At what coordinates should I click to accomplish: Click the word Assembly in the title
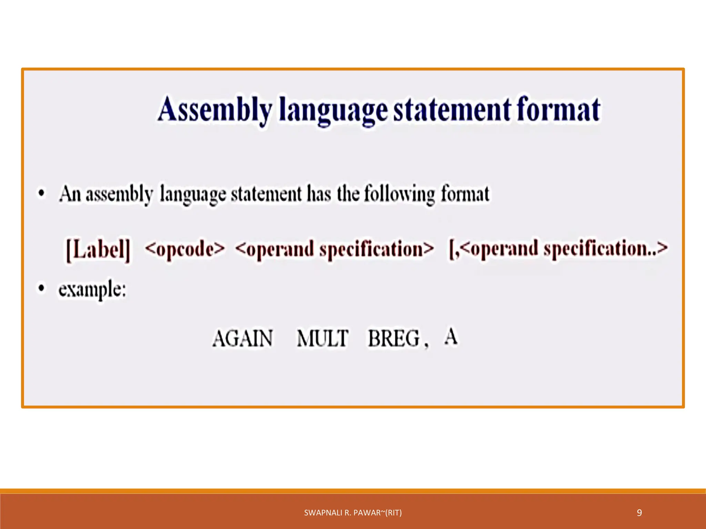pyautogui.click(x=214, y=110)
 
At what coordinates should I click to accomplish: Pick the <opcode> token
pyautogui.click(x=185, y=249)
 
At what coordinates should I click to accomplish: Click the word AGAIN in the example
pyautogui.click(x=242, y=338)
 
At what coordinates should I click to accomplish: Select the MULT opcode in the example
pyautogui.click(x=323, y=338)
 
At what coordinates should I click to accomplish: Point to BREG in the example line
pyautogui.click(x=394, y=338)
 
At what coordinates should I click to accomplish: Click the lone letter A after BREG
pyautogui.click(x=451, y=336)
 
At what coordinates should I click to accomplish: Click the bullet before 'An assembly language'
pyautogui.click(x=41, y=193)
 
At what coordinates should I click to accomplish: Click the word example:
pyautogui.click(x=92, y=289)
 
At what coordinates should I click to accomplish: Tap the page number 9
pyautogui.click(x=639, y=513)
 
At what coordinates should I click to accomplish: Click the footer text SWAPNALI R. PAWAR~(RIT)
pyautogui.click(x=353, y=513)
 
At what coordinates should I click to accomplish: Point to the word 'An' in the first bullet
pyautogui.click(x=70, y=194)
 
